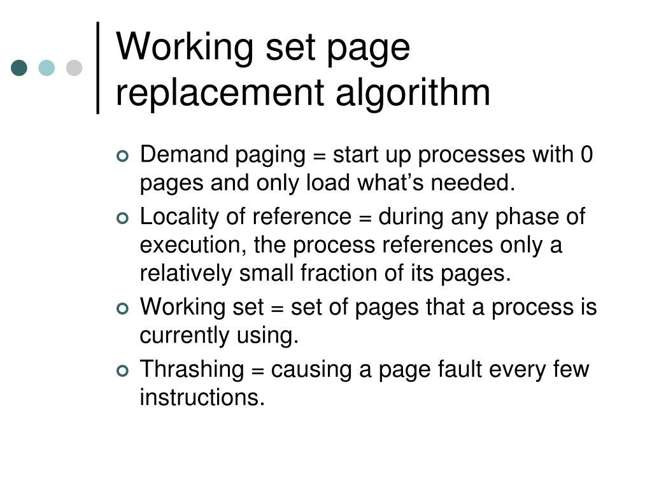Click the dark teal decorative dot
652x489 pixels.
20,68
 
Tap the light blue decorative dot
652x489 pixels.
47,68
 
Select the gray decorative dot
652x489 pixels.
74,68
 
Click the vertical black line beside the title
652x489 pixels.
99,67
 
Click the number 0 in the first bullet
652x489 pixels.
586,155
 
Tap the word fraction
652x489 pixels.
361,273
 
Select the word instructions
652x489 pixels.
201,397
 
